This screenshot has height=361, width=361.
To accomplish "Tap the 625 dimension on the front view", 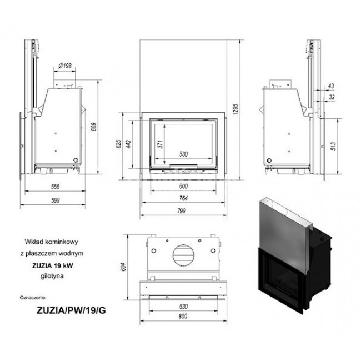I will [x=118, y=146].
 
